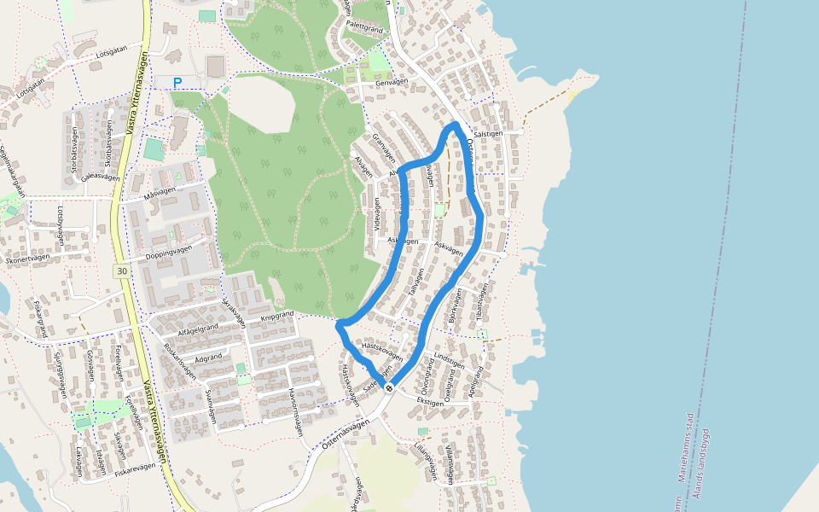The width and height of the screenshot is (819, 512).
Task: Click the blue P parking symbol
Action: click(177, 83)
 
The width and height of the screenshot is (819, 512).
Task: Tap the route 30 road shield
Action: click(121, 271)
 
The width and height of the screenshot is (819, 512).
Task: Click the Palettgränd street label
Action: click(362, 27)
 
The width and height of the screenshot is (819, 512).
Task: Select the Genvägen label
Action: click(392, 82)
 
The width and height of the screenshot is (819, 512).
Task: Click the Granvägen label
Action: click(385, 148)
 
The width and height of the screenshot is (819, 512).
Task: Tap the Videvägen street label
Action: click(377, 215)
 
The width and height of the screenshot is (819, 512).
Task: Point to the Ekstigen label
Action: click(431, 401)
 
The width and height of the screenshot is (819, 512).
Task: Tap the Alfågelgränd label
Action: click(199, 327)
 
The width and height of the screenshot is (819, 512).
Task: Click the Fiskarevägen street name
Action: click(136, 468)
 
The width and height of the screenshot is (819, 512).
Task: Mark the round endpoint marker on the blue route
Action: click(389, 388)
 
